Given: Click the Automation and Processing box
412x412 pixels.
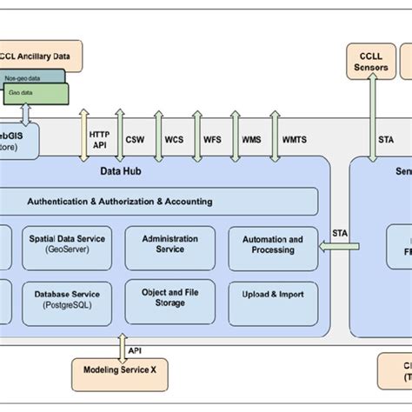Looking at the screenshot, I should point(271,245).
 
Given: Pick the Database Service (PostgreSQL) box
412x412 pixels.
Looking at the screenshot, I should point(67,299).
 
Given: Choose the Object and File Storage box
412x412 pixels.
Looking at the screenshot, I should point(169,298).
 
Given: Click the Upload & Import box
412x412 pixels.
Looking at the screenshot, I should point(271,296).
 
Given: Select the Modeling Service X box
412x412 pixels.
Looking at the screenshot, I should point(119,369).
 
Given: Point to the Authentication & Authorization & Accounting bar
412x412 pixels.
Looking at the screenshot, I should point(119,201).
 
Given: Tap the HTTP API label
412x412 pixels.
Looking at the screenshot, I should point(98,140).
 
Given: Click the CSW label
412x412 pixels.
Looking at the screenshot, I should point(135,139).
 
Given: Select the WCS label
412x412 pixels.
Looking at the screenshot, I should point(174,139).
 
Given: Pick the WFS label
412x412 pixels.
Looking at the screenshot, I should point(212,139).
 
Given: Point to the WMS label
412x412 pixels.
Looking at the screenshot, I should point(251,139).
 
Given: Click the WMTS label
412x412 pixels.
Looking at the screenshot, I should point(294,139).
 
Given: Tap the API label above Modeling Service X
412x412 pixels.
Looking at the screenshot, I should point(135,351).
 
